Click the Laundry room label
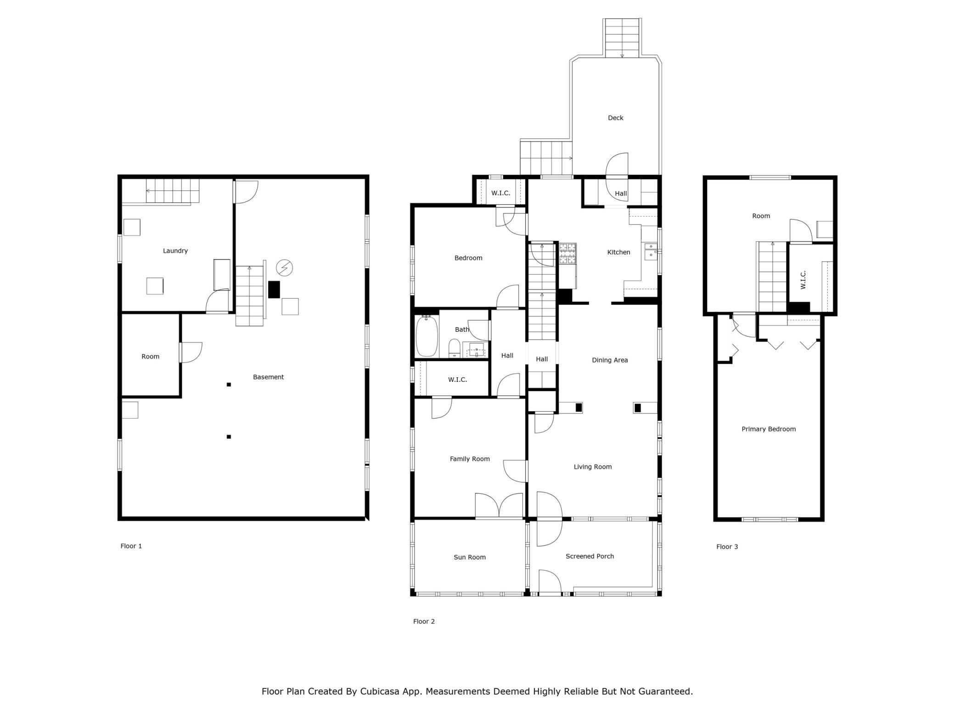coord(175,251)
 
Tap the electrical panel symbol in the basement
coord(284,268)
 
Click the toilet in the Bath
coord(454,348)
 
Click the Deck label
coord(616,118)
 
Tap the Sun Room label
coord(470,557)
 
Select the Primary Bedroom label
coord(769,429)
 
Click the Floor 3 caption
coord(727,547)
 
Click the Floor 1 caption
coord(131,546)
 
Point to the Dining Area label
coord(610,360)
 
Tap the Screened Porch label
coord(590,556)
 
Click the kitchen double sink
coord(651,252)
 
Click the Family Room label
coord(470,459)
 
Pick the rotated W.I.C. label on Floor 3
coord(803,280)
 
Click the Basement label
coord(269,377)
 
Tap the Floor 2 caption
coord(424,621)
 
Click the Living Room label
coord(593,467)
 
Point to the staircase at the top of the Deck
coord(622,38)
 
